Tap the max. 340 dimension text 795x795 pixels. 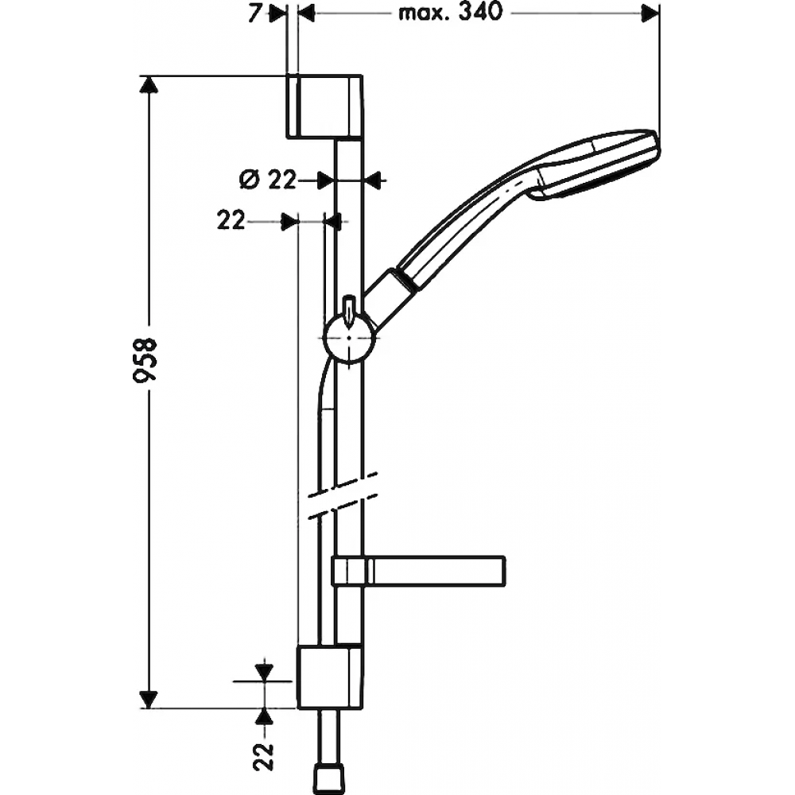[450, 13]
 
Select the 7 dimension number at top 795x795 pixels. [255, 14]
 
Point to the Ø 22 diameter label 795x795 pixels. [267, 180]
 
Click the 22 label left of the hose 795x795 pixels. [231, 220]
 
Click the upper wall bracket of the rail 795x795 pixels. [324, 107]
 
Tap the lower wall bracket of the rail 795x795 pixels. [330, 677]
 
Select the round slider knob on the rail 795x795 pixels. [349, 338]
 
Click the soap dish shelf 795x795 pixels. [418, 572]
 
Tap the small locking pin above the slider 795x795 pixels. [349, 308]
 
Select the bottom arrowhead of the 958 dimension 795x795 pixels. [148, 700]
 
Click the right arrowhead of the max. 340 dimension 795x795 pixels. [650, 14]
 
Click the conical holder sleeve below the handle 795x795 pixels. [390, 299]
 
